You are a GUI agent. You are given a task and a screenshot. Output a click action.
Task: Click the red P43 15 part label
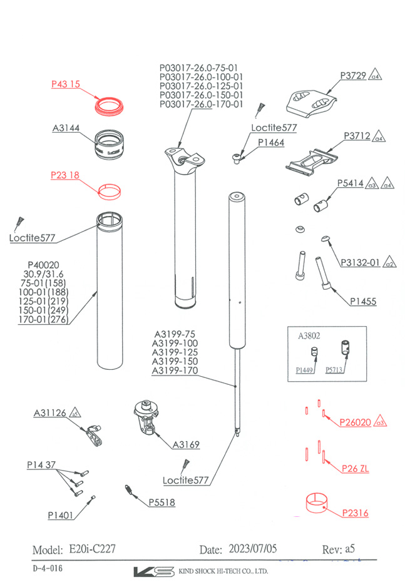pos(65,84)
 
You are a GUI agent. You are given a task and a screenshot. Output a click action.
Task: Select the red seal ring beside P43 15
pos(110,104)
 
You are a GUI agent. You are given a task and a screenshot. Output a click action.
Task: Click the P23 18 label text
pos(65,176)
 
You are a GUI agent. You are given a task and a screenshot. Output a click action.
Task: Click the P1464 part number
pos(271,143)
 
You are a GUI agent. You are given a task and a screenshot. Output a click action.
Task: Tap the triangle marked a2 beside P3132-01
pos(389,263)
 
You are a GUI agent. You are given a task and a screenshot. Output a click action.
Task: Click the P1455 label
pos(364,302)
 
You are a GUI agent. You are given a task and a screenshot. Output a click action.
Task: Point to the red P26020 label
pos(355,422)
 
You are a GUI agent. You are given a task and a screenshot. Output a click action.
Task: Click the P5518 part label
pos(162,503)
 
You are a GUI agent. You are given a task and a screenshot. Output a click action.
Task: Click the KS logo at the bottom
pos(153,571)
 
